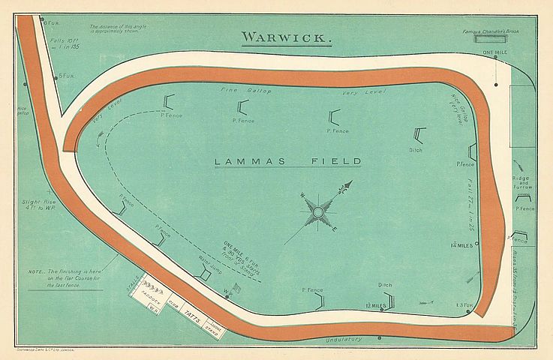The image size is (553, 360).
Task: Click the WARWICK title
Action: (x=283, y=37)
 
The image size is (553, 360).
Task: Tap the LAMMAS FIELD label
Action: (x=287, y=161)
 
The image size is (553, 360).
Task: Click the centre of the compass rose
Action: (x=318, y=213)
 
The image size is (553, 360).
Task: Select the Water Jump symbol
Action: (x=202, y=274)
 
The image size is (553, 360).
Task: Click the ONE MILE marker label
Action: (x=496, y=52)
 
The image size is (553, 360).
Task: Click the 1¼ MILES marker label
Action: (x=461, y=245)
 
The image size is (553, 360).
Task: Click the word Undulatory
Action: (x=345, y=340)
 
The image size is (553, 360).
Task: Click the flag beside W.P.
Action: (x=236, y=288)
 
